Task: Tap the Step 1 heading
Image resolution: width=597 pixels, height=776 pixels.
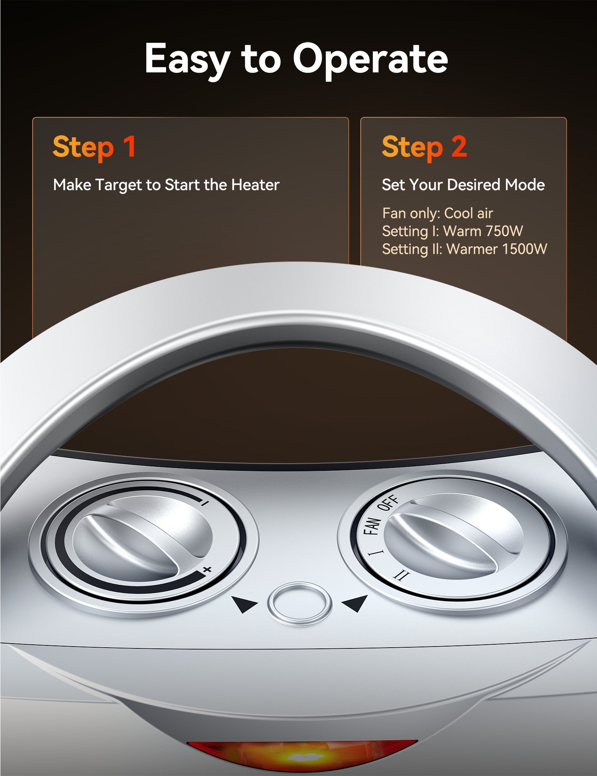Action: click(94, 147)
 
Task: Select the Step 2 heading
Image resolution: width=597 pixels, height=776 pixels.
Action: click(424, 147)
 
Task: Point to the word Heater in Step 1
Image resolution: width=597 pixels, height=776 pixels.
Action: click(255, 185)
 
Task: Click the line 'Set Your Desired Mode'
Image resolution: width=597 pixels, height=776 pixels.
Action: click(463, 185)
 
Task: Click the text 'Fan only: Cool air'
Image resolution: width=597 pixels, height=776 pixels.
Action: click(437, 213)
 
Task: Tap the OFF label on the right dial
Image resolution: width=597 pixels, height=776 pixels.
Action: click(388, 503)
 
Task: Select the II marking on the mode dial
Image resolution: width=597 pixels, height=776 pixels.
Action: click(401, 577)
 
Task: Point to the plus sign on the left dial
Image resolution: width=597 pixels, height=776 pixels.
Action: click(207, 570)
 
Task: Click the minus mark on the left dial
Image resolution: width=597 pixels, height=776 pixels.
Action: click(204, 502)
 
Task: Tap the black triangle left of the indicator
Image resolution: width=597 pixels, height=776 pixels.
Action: click(244, 603)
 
